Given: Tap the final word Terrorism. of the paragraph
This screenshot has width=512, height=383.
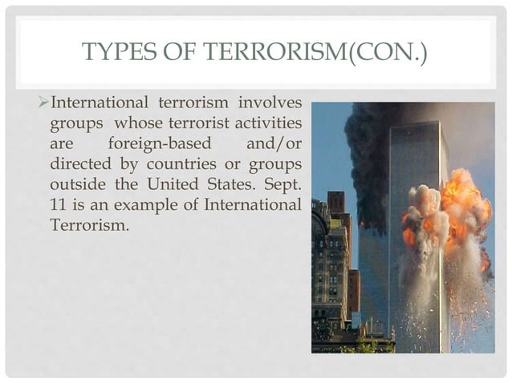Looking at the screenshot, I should (88, 226).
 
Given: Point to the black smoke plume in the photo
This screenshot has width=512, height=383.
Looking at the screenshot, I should (369, 152).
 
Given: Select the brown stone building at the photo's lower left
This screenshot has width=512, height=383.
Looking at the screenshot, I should (329, 264).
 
